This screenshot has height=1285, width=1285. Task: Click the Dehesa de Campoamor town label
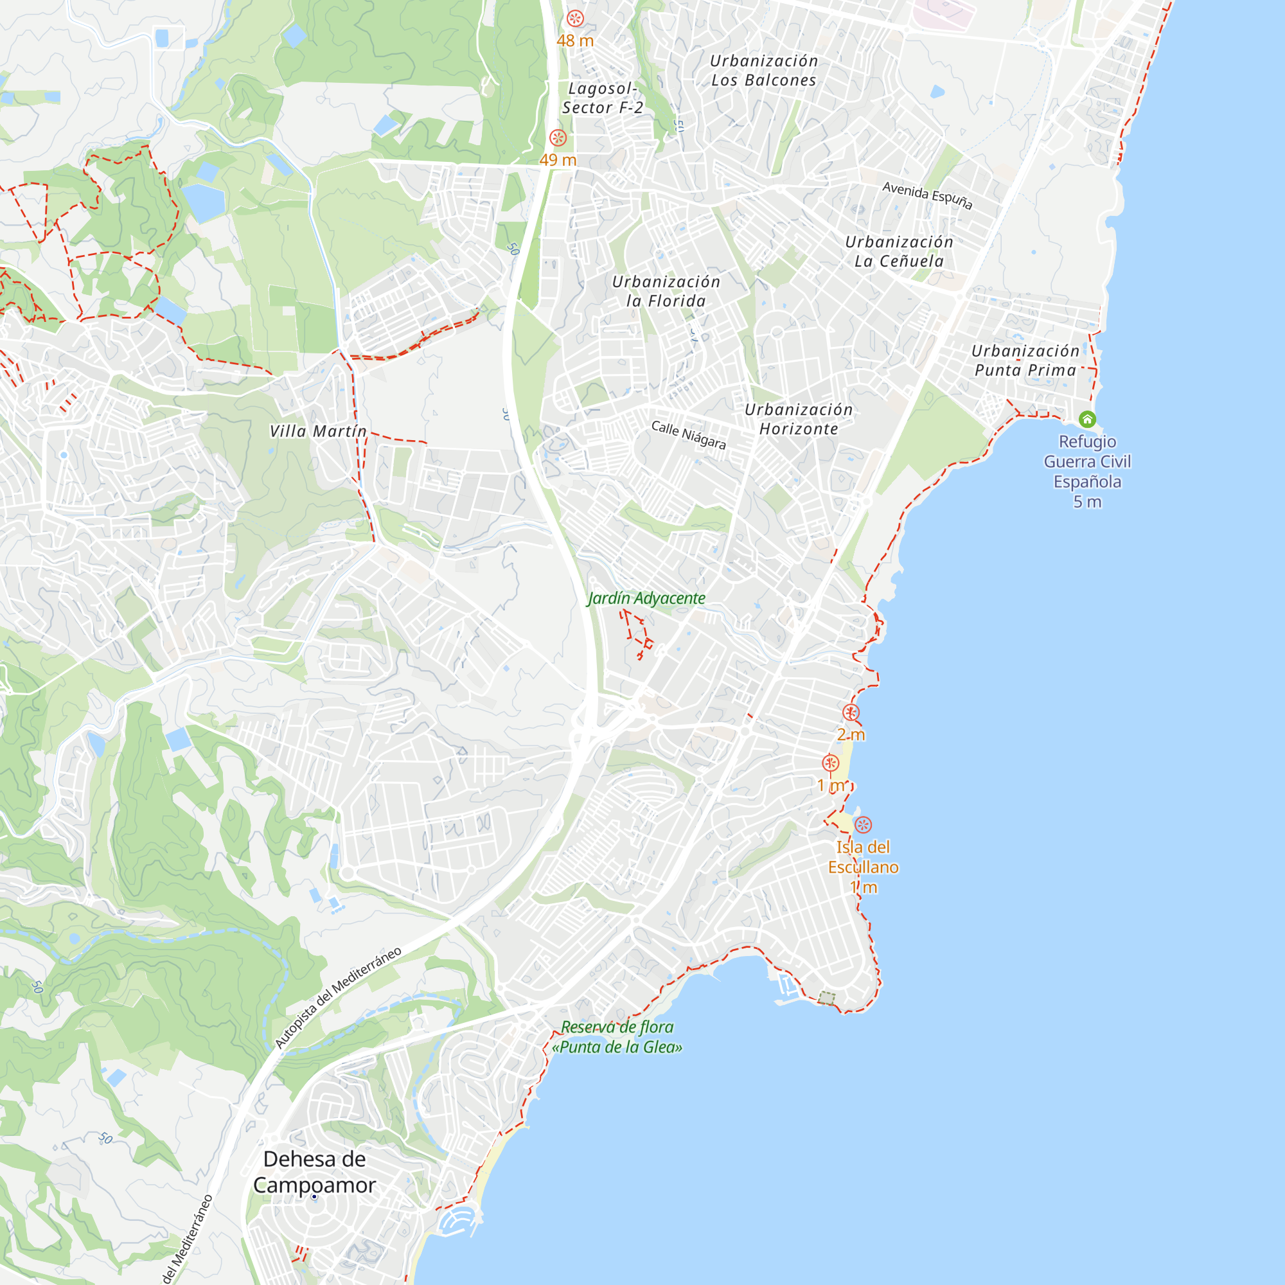pos(315,1172)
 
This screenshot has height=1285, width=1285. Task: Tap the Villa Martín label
pos(318,432)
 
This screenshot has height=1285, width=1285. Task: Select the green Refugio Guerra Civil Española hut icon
pos(1087,419)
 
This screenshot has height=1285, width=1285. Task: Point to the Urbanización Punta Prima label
pos(1025,360)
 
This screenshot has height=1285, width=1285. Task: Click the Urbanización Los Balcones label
pos(763,71)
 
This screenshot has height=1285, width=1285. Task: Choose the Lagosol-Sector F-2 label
pos(603,98)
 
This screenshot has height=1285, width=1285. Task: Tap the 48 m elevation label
pos(574,40)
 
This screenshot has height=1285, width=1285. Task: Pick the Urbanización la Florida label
pos(666,291)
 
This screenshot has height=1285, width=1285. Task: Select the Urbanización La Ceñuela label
pos(899,251)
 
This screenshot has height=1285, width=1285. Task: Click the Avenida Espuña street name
pos(927,195)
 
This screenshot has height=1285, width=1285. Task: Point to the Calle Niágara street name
pos(688,435)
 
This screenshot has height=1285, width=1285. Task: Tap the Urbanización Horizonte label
pos(798,419)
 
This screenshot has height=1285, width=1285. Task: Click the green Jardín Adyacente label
pos(646,599)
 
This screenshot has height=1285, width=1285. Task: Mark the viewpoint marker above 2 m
pos(851,713)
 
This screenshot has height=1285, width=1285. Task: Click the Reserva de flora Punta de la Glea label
pos(617,1037)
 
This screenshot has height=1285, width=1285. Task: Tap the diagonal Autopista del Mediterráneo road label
pos(338,997)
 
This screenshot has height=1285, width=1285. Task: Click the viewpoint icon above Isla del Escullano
pos(863,825)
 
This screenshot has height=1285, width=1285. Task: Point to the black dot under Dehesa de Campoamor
pos(315,1196)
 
